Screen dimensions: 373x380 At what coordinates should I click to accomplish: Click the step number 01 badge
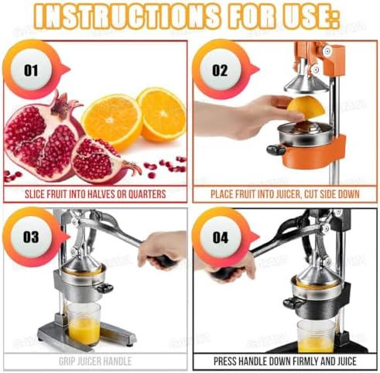(31, 70)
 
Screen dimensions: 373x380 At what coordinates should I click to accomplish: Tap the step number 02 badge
(221, 70)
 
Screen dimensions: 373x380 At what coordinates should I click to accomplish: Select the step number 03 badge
(31, 237)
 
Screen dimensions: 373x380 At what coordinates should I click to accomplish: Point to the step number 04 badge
(221, 237)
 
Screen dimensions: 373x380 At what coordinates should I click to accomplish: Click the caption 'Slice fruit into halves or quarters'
(95, 193)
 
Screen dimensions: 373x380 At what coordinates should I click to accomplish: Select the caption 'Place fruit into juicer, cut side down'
(286, 193)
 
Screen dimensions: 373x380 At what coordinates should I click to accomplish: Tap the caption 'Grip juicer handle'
(95, 361)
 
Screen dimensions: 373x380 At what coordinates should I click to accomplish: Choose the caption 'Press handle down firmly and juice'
(286, 361)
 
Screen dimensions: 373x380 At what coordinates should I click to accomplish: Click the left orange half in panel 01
(111, 120)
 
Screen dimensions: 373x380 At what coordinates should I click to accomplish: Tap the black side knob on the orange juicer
(276, 149)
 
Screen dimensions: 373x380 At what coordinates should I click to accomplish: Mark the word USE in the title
(317, 17)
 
